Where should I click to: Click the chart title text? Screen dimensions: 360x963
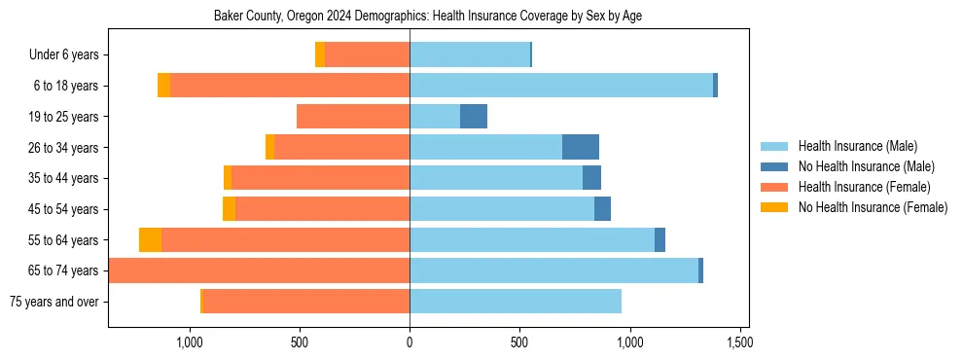pos(428,17)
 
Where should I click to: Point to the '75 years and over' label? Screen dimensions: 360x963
pos(53,302)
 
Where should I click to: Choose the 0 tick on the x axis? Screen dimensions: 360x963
pos(410,342)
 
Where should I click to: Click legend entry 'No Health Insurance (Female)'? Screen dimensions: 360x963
pos(873,207)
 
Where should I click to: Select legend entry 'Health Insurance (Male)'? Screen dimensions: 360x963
pos(857,146)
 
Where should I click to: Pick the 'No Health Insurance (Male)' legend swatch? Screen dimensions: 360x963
pos(775,166)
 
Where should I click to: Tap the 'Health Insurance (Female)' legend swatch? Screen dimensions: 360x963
pos(775,187)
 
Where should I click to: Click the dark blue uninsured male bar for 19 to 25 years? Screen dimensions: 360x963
pos(474,117)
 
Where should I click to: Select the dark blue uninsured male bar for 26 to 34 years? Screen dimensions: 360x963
pos(581,147)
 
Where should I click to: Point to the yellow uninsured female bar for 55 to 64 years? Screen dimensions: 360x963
pos(150,240)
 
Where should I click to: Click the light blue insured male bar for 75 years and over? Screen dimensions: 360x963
pos(516,302)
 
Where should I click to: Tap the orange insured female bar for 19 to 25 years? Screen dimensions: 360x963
pos(353,117)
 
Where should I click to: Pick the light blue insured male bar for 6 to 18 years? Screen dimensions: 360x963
pos(561,86)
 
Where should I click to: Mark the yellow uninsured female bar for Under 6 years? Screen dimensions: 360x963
pos(320,55)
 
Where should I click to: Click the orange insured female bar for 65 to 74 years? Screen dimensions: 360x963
pos(259,270)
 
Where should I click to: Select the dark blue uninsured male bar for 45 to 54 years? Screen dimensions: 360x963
pos(602,209)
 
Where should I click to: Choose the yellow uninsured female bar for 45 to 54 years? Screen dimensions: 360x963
pos(229,209)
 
